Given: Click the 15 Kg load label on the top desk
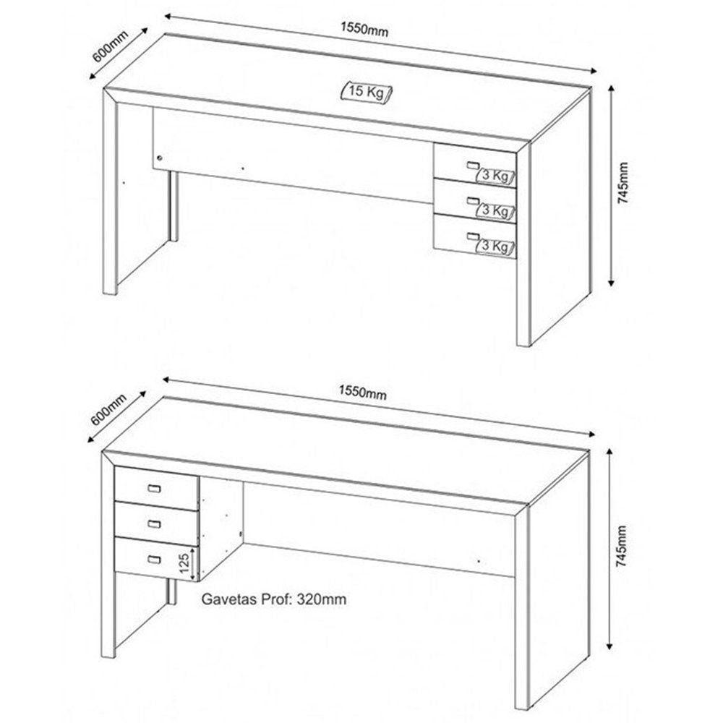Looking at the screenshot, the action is (x=366, y=91).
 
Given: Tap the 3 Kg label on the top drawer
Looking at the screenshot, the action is (x=495, y=176).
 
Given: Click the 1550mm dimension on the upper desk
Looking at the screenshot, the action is (x=364, y=29).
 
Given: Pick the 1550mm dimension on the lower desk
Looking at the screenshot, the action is (x=362, y=393).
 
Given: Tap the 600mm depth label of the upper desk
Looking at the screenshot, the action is (x=110, y=46).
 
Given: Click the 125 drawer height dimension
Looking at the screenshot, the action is (x=184, y=563).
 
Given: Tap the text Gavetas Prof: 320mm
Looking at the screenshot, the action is (x=274, y=599).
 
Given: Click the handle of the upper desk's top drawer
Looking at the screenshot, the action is (x=473, y=165).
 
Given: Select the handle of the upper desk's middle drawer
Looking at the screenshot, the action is (x=473, y=200).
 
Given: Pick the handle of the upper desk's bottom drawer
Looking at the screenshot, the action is (x=473, y=236).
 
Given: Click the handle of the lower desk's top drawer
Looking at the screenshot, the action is (x=155, y=488).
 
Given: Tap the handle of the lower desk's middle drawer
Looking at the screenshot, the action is (x=155, y=523).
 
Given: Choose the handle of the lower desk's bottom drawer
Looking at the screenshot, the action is (x=155, y=560).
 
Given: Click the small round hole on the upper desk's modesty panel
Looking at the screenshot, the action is (x=160, y=158).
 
